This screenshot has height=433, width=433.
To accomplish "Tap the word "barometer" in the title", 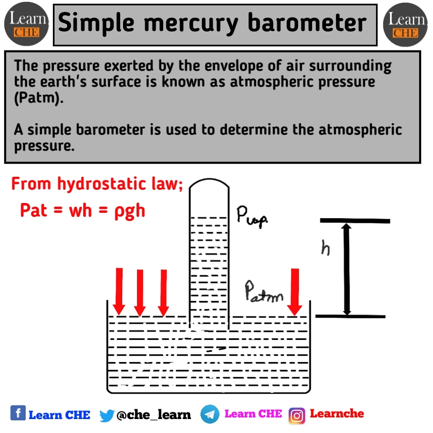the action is [x=307, y=23].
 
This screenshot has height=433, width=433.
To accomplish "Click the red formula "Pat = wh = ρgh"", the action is [x=83, y=210].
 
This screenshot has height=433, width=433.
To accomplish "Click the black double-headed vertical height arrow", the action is [x=347, y=269].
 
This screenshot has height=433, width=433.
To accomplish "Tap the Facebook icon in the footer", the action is [x=18, y=413].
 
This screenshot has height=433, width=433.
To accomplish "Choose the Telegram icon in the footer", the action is [x=210, y=414].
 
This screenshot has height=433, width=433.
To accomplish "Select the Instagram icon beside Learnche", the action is [x=297, y=415].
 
